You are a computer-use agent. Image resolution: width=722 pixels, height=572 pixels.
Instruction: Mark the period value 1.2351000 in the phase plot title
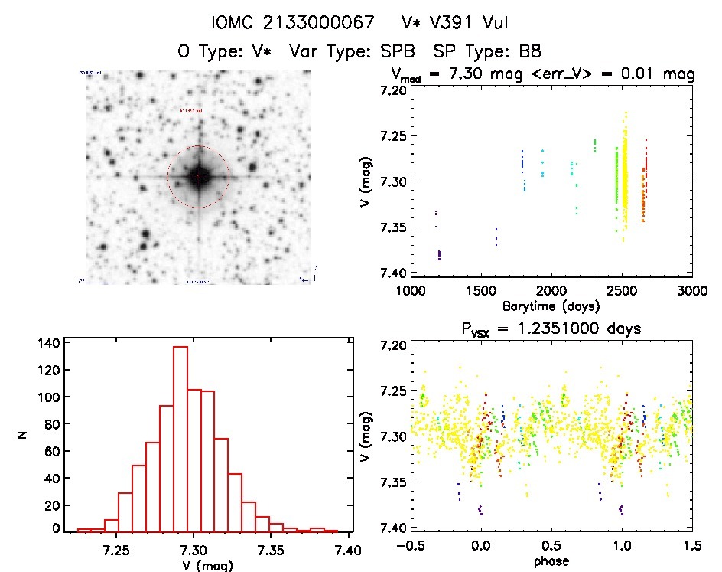[x=563, y=328]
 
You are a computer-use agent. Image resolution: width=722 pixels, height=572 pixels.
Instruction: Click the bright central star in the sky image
[x=198, y=177]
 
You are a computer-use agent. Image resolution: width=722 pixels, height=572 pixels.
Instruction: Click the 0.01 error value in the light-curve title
[x=648, y=74]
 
